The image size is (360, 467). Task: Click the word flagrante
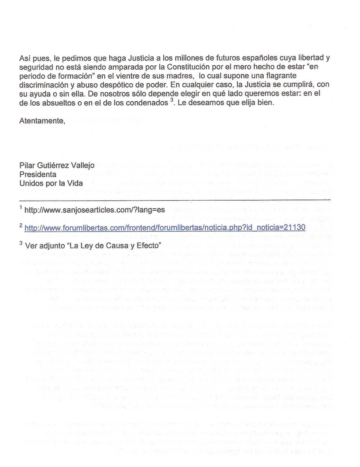[x=278, y=76]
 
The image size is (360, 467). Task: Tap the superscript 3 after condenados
[x=172, y=100]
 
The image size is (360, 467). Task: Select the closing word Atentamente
[x=42, y=121]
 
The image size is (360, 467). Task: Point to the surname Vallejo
[x=84, y=165]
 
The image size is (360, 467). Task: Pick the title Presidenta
[x=38, y=174]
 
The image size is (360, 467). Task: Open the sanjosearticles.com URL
[x=94, y=210]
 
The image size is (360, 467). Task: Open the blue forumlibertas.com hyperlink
[x=165, y=228]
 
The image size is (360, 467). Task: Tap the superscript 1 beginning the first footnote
[x=21, y=207]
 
